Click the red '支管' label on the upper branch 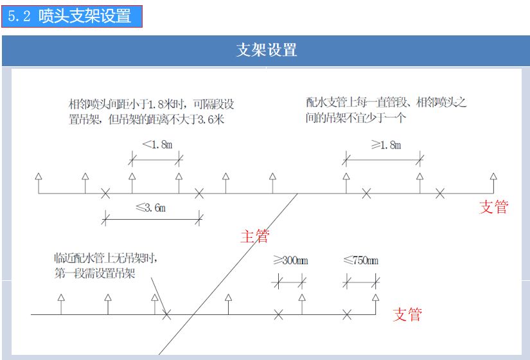(493, 207)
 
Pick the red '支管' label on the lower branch (407, 314)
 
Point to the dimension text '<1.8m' (157, 145)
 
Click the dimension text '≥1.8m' (385, 145)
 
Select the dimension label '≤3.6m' (150, 208)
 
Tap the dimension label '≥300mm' (290, 260)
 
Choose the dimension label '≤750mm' (360, 260)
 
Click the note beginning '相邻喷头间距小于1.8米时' (150, 111)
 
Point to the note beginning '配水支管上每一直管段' (386, 110)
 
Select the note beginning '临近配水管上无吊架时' (107, 265)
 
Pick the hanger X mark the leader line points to (167, 315)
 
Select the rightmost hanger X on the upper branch (440, 193)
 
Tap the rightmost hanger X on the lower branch (347, 314)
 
